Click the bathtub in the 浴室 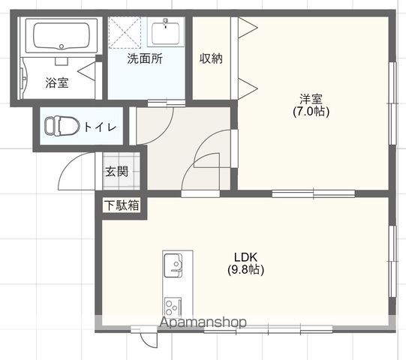(62, 35)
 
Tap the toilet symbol (62, 126)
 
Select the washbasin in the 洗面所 (166, 32)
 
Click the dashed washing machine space (125, 32)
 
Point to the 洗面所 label (145, 58)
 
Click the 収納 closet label (211, 58)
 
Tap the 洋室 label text (311, 99)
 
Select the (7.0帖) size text (311, 112)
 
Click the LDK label (245, 257)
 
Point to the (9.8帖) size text (245, 270)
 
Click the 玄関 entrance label (116, 171)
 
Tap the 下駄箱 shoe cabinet (122, 205)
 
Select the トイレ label (101, 127)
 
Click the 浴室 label (57, 82)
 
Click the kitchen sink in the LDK (173, 265)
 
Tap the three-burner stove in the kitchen (173, 307)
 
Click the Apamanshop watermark (203, 322)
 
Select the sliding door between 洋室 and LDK (313, 193)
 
